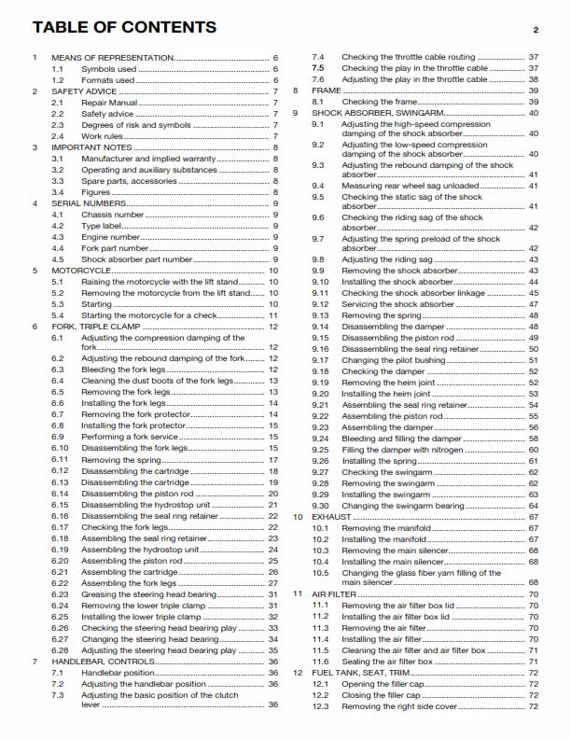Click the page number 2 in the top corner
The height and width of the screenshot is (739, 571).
[536, 31]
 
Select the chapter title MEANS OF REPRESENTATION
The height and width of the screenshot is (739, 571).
[112, 58]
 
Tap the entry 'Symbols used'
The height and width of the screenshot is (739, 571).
[108, 69]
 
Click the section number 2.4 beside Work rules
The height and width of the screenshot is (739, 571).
[58, 136]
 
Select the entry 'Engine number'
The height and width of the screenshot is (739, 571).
[112, 237]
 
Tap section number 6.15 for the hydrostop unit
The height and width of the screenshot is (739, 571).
[61, 504]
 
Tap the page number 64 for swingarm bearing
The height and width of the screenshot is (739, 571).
[534, 506]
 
